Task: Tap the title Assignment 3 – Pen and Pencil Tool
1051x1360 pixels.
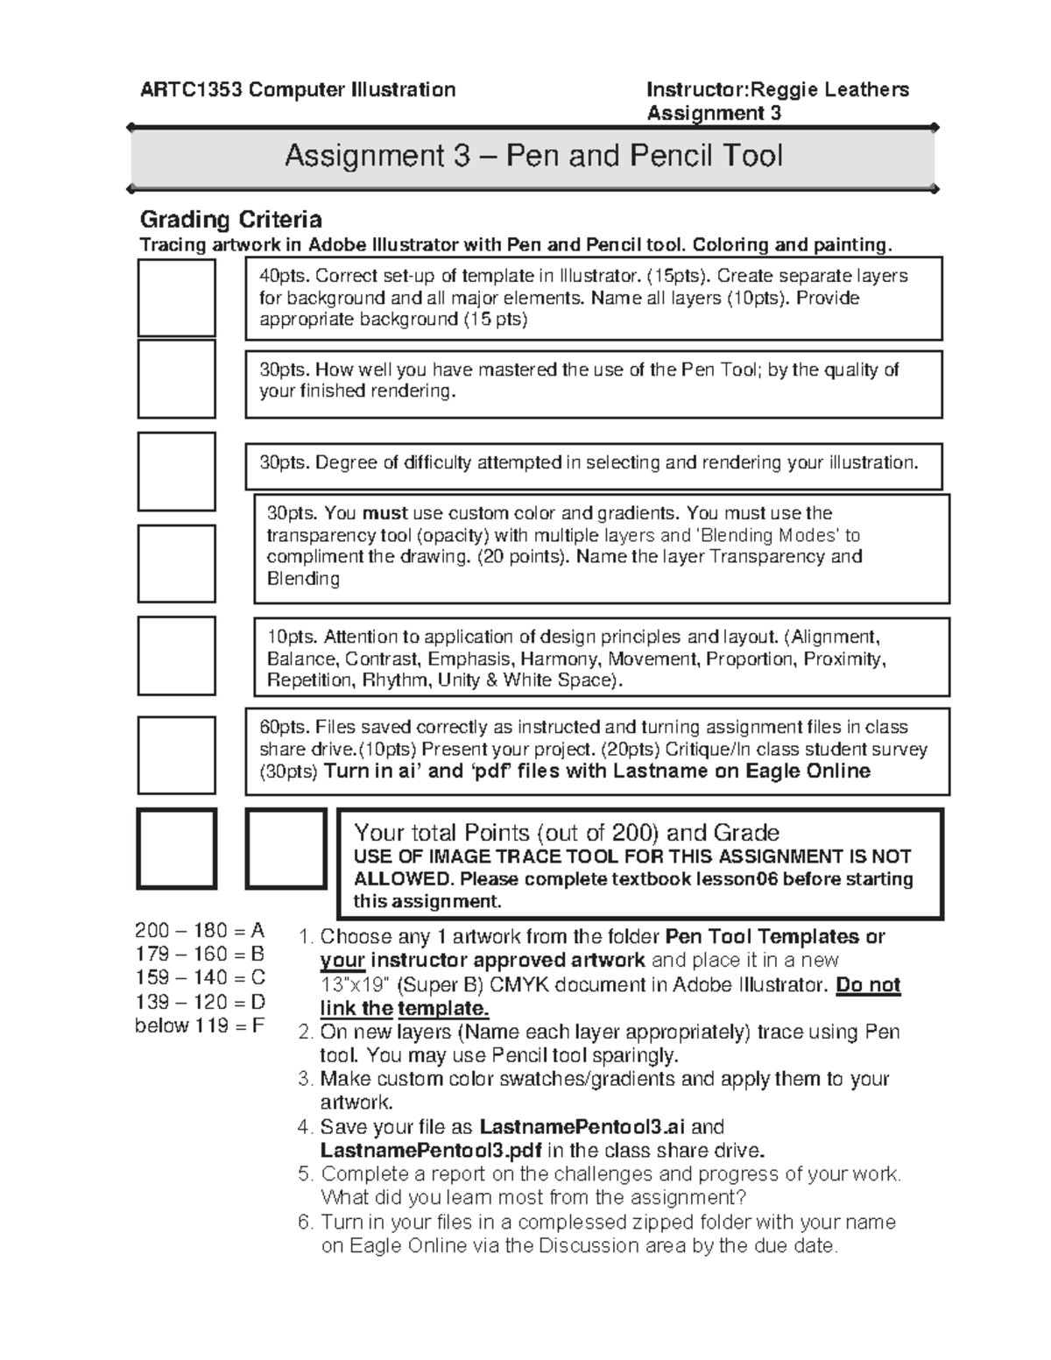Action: click(x=533, y=157)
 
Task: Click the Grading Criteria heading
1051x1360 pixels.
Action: click(x=231, y=219)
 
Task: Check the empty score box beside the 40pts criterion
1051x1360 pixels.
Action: click(x=176, y=298)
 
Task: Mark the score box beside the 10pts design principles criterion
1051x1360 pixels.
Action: click(x=176, y=656)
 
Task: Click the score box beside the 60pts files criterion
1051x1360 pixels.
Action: click(x=176, y=755)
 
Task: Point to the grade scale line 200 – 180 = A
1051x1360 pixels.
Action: click(x=200, y=930)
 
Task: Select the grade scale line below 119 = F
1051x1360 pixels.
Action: click(x=200, y=1025)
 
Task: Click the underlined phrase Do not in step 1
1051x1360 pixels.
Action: click(x=868, y=984)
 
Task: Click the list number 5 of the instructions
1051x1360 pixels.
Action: click(x=305, y=1174)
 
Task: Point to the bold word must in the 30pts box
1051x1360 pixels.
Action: click(x=385, y=513)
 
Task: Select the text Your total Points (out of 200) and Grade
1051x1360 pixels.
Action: click(x=566, y=832)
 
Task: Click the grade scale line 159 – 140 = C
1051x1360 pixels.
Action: click(x=200, y=977)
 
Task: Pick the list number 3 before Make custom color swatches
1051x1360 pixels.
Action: click(x=305, y=1079)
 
